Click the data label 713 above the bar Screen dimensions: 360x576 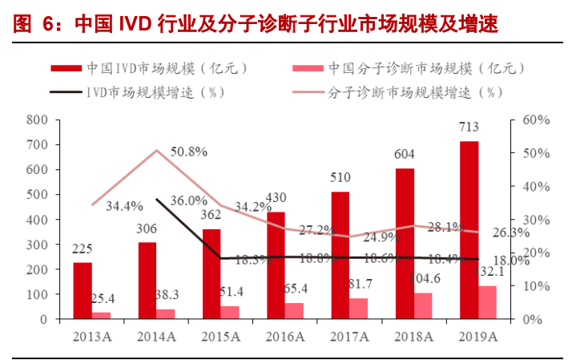pos(469,127)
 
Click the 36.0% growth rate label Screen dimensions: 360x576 pos(189,201)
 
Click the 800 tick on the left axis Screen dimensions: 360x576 pos(38,119)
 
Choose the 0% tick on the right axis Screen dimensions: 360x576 pos(529,319)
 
